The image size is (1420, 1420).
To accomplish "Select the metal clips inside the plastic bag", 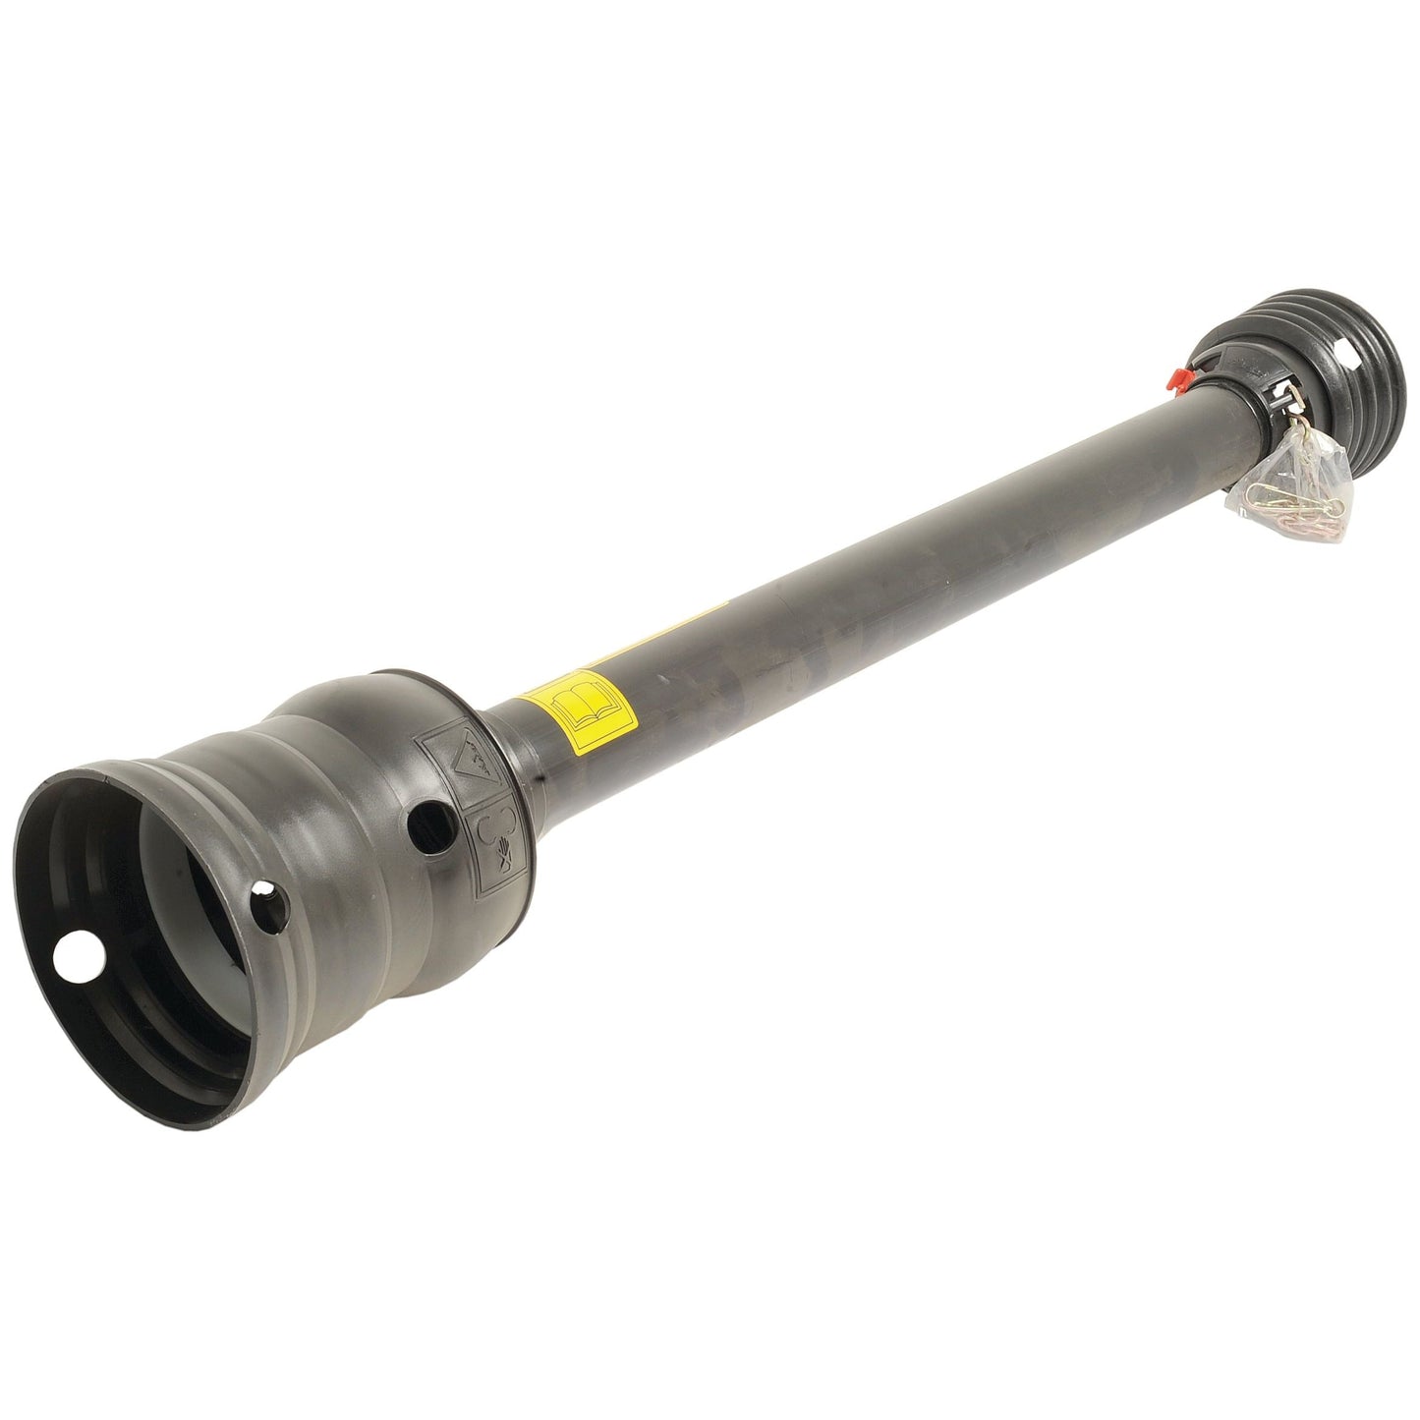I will tap(1278, 491).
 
